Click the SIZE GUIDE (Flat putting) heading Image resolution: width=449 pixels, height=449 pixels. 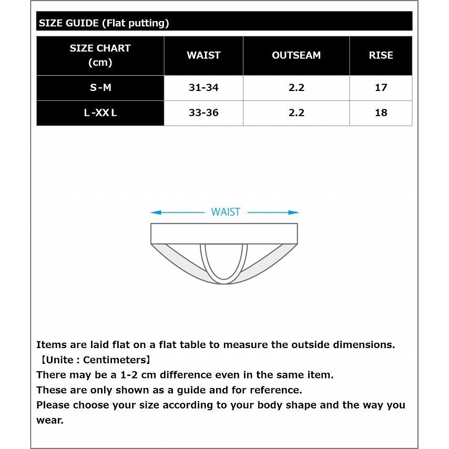coord(104,23)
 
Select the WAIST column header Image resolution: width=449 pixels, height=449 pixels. coord(203,55)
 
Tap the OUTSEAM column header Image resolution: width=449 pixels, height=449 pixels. coord(296,55)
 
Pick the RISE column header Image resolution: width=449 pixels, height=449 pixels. coord(381,55)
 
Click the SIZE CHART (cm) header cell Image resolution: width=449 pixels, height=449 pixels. coord(100,55)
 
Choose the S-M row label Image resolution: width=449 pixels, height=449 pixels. coord(100,88)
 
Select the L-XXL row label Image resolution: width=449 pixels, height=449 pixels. coord(100,113)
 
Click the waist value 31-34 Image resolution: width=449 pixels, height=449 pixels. coord(203,88)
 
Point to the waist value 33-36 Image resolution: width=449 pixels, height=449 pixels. coord(203,113)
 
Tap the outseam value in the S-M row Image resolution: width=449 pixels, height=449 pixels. coord(297,88)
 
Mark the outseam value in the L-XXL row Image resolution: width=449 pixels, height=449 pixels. coord(297,113)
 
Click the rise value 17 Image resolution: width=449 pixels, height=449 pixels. coord(381,88)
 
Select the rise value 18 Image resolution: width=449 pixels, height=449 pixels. coord(381,113)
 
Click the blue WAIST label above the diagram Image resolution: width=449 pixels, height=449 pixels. coord(225,212)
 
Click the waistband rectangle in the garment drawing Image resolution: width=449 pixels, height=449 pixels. coord(224,233)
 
